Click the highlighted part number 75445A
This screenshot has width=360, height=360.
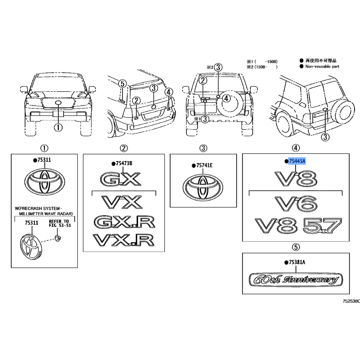click(x=297, y=161)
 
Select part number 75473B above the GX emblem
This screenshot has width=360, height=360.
click(x=124, y=163)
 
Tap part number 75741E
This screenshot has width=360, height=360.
click(x=204, y=165)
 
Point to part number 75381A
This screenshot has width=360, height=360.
click(x=297, y=262)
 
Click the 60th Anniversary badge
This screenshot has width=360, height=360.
click(x=296, y=279)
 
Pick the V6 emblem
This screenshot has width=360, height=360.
click(x=296, y=204)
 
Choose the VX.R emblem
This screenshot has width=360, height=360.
click(x=123, y=240)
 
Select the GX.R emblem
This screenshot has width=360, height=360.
click(x=124, y=222)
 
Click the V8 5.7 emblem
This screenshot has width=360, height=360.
click(x=298, y=225)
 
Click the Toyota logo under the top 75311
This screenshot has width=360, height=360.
click(x=45, y=181)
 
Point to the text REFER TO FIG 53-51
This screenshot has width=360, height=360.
click(x=60, y=223)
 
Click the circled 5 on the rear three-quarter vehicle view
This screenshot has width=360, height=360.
click(x=122, y=84)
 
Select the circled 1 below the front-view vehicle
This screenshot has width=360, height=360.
click(x=58, y=127)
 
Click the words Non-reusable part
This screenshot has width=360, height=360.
click(x=322, y=66)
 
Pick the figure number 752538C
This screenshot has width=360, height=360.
click(x=351, y=301)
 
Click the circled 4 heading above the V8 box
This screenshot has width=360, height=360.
click(x=296, y=148)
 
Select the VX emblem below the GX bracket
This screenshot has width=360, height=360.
click(x=122, y=202)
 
